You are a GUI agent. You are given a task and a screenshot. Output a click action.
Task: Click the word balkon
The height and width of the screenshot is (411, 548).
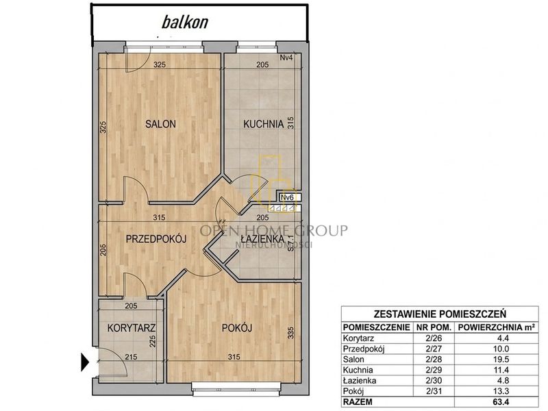coord(185,22)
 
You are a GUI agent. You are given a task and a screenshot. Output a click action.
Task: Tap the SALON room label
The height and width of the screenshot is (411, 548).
coord(160,124)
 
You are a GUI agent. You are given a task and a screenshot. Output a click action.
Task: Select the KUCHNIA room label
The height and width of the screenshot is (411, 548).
coord(263,124)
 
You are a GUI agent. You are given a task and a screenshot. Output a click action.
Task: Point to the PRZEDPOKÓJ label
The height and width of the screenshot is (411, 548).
coord(156,239)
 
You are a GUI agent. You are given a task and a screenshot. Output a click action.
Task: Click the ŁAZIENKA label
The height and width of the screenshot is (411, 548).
coord(262,239)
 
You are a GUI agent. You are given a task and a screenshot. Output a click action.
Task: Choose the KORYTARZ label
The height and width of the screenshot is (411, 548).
coord(131,328)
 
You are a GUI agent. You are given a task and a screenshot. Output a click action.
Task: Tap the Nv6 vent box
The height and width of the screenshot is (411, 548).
coord(288,197)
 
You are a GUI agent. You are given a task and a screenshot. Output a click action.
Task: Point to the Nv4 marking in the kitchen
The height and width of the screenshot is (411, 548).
coord(286,58)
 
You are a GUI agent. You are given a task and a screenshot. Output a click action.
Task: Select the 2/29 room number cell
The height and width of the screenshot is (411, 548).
coord(434,370)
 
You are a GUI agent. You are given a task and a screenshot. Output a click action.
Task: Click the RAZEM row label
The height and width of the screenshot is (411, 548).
coord(358,402)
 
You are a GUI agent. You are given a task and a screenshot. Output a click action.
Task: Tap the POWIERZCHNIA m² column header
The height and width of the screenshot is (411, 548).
coord(497,327)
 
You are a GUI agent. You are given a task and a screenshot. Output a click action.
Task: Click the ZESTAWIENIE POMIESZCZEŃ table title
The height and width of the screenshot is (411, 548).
coord(440,314)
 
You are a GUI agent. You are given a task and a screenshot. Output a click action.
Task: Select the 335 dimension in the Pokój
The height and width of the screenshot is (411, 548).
coord(291,332)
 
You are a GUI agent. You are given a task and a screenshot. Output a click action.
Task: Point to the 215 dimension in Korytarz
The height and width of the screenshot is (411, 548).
coord(131,357)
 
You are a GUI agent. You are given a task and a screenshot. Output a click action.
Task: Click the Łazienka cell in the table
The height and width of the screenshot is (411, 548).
coord(360,381)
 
